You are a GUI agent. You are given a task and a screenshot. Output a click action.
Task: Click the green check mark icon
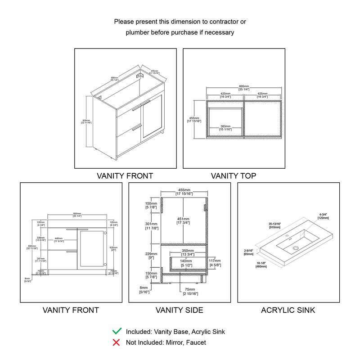tap(117, 332)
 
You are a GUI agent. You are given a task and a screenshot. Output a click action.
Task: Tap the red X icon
tap(117, 343)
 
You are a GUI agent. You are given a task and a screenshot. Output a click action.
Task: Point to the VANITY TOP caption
tap(233, 176)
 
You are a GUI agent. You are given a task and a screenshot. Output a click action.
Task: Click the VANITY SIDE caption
tap(179, 310)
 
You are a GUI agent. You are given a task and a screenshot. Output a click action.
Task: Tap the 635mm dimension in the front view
tap(113, 247)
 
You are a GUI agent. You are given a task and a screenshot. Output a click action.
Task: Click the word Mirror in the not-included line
tap(176, 343)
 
